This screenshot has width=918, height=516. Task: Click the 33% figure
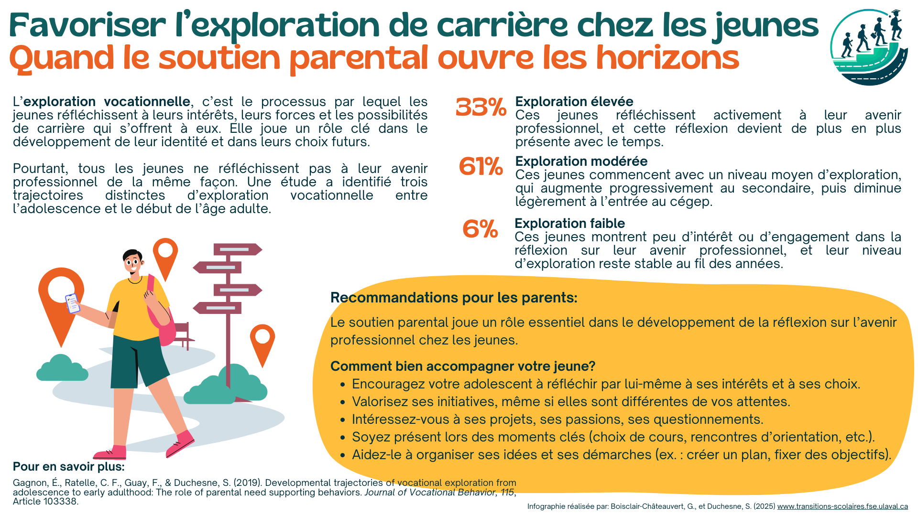481,107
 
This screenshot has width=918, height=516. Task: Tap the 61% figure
481,167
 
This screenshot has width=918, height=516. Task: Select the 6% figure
480,229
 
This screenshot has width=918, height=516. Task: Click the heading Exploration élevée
574,102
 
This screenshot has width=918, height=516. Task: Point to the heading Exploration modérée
581,161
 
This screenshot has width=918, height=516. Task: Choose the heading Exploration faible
569,224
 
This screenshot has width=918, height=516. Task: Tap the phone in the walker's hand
72,303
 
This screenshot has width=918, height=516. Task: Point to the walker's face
133,263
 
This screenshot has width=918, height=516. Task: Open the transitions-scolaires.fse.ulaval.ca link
842,506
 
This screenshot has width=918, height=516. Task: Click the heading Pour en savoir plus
68,467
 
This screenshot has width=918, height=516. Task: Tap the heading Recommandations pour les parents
454,298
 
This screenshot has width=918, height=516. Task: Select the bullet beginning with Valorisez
570,402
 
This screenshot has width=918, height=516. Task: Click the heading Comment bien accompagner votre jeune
462,366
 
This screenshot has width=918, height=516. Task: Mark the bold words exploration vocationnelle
107,102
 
